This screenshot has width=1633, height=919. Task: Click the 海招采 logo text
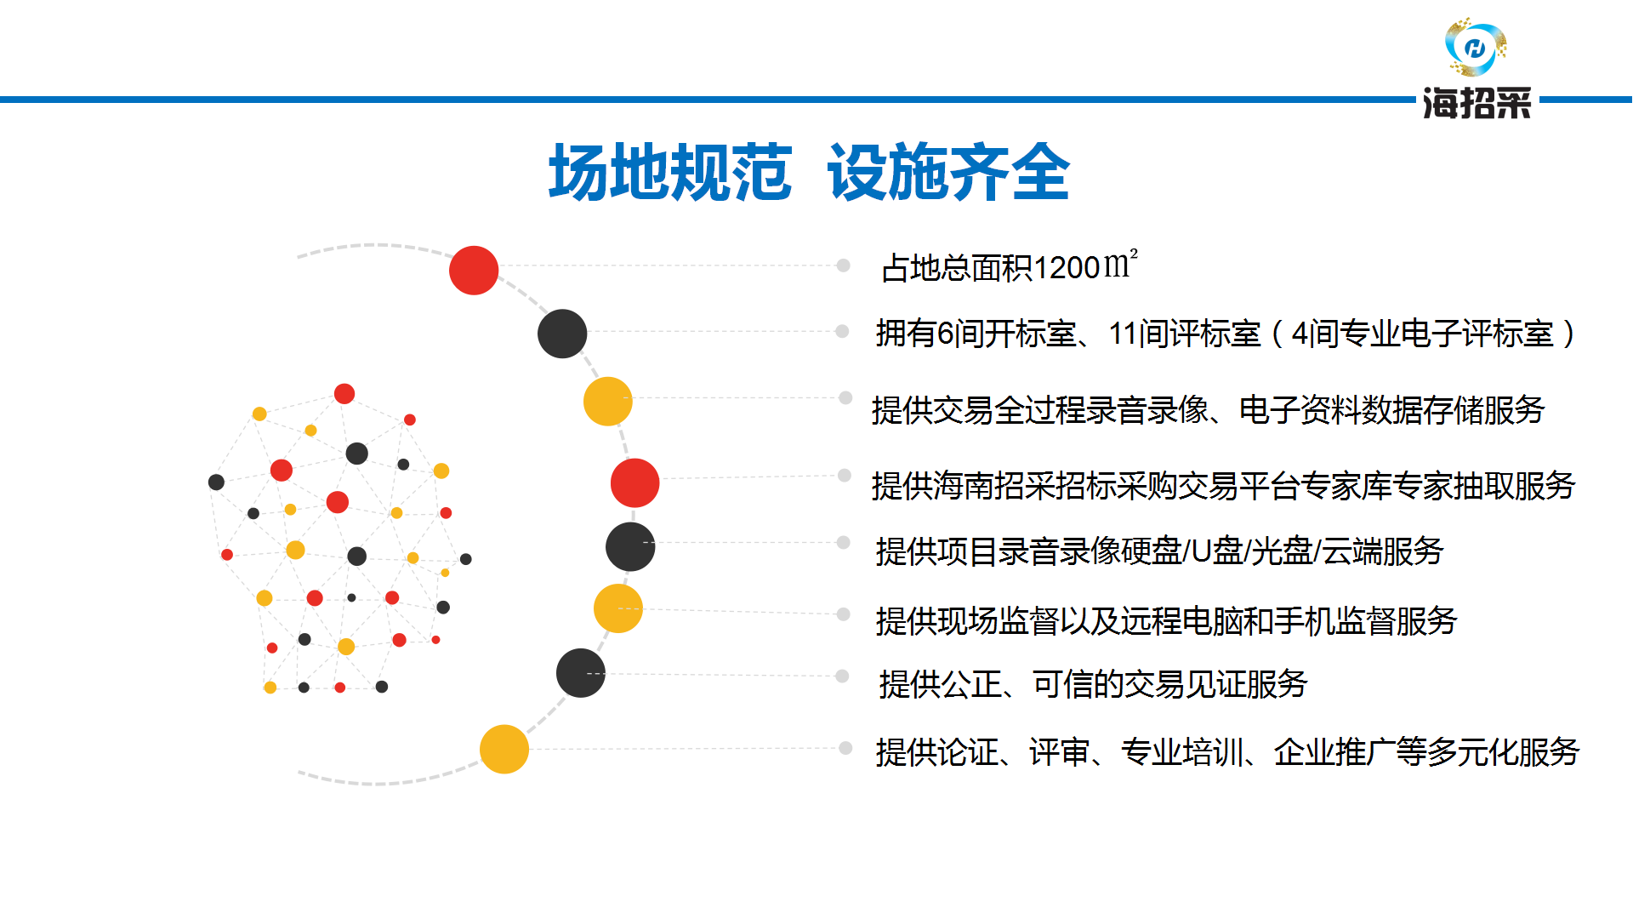[x=1477, y=104]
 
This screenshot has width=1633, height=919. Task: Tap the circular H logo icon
[x=1476, y=48]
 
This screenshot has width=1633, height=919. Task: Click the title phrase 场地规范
[x=670, y=173]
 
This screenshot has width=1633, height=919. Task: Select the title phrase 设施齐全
[x=948, y=173]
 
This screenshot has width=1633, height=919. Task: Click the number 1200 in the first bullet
[x=1068, y=268]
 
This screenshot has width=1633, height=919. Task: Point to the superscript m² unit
[x=1121, y=265]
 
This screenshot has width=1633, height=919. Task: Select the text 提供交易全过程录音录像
[x=1040, y=410]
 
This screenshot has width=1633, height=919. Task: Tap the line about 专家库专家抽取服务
[x=1224, y=486]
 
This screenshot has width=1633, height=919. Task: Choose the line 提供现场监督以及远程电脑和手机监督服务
[x=1167, y=621]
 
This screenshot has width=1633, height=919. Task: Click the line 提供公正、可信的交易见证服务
[x=1093, y=684]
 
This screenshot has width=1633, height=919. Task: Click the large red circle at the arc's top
[x=474, y=271]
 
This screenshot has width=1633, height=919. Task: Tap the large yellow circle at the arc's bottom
[x=504, y=749]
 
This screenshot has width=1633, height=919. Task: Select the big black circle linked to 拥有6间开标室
[x=562, y=334]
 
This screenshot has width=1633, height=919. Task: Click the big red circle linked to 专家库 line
[x=635, y=482]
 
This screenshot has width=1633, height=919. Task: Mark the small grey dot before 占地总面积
[x=844, y=265]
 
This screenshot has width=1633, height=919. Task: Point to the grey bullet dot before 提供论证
[x=845, y=748]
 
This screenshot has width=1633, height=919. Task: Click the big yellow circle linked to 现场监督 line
[x=618, y=608]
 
